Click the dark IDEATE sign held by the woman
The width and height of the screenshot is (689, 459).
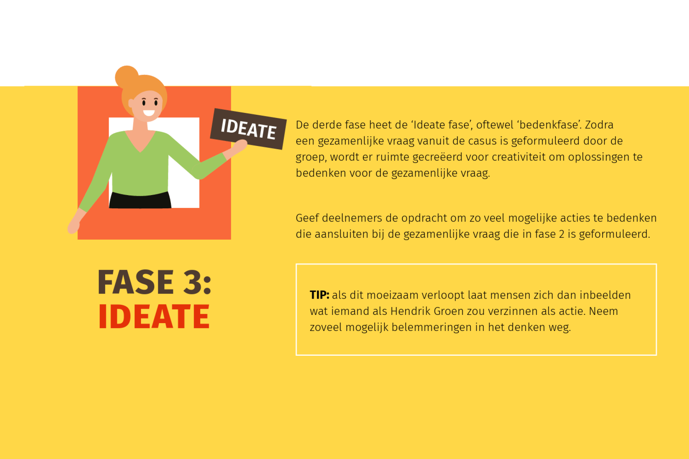(x=248, y=129)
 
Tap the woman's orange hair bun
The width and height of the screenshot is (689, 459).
(x=126, y=76)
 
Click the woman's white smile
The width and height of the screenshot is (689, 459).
(x=149, y=113)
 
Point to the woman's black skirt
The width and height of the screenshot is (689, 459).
(x=140, y=200)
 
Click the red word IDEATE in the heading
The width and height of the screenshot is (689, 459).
(x=154, y=316)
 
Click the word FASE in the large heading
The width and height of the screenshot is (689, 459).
(x=136, y=282)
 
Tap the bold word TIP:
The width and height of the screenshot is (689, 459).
(x=319, y=295)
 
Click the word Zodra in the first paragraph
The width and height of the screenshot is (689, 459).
(x=599, y=125)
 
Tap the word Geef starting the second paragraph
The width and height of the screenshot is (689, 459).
(x=307, y=218)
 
